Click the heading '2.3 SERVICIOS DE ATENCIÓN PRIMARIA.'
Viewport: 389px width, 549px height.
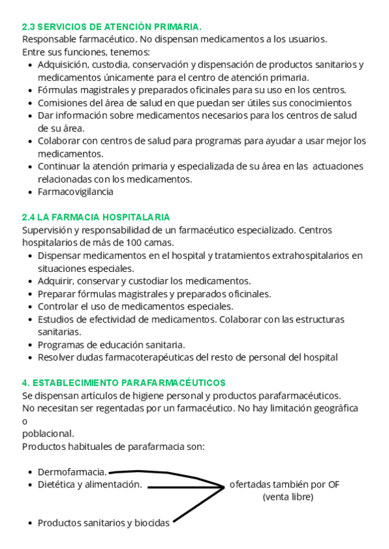click(x=112, y=27)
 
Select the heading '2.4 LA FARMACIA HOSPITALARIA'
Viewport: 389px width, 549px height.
click(x=96, y=217)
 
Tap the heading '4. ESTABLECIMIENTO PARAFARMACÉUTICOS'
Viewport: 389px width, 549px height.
click(x=124, y=383)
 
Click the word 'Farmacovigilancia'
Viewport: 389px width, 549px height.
click(x=75, y=192)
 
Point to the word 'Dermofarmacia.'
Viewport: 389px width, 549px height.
click(x=72, y=472)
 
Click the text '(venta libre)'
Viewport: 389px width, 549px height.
click(x=288, y=497)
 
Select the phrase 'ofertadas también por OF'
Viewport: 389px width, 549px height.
click(x=285, y=484)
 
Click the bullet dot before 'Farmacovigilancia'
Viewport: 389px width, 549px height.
click(x=31, y=192)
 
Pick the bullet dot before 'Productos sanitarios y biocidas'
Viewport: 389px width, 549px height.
click(x=31, y=523)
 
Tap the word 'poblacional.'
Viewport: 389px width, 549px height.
click(x=48, y=433)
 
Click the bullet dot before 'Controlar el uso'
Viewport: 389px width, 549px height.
click(x=31, y=306)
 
